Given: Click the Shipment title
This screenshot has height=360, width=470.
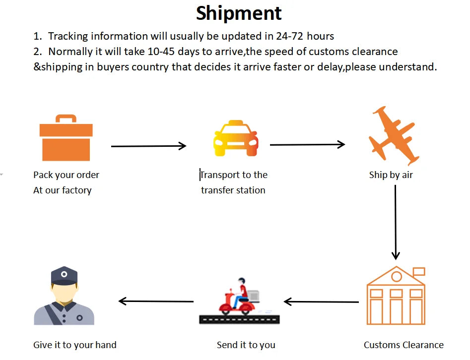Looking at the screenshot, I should [239, 13].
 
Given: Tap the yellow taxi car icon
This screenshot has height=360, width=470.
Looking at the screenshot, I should [236, 138].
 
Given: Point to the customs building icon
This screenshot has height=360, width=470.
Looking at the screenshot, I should [396, 298].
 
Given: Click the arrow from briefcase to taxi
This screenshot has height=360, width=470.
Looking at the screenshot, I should [148, 146].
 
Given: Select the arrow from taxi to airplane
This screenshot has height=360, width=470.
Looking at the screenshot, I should [307, 144].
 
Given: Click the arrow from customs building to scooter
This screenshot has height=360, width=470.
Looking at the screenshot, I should [321, 301].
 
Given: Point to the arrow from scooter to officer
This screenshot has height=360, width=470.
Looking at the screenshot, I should [156, 301].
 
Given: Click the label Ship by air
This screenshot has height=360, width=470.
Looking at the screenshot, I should [391, 175].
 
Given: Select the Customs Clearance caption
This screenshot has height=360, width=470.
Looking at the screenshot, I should [403, 345].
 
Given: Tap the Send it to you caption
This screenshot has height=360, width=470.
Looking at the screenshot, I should [246, 345].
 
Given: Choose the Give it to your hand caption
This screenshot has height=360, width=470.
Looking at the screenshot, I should [75, 345].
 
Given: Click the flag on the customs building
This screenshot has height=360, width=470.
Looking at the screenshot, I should [419, 271].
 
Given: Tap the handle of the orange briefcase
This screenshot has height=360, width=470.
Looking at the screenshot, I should [66, 119].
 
